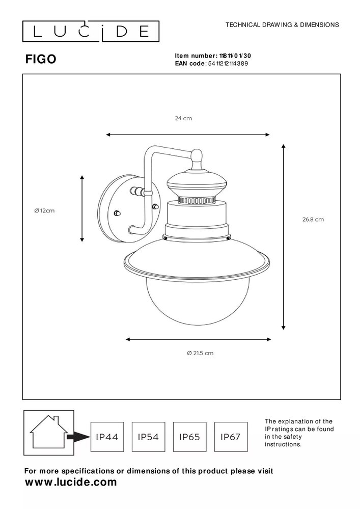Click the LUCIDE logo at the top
tap(91, 32)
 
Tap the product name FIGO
tap(41, 60)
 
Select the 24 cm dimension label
tap(183, 118)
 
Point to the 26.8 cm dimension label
tap(313, 220)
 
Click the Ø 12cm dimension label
tap(44, 210)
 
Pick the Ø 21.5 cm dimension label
tap(200, 353)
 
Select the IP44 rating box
tap(107, 437)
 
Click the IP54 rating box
tap(148, 437)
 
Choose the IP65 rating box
tap(190, 437)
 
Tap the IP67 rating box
tap(231, 437)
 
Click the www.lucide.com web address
tap(71, 482)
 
